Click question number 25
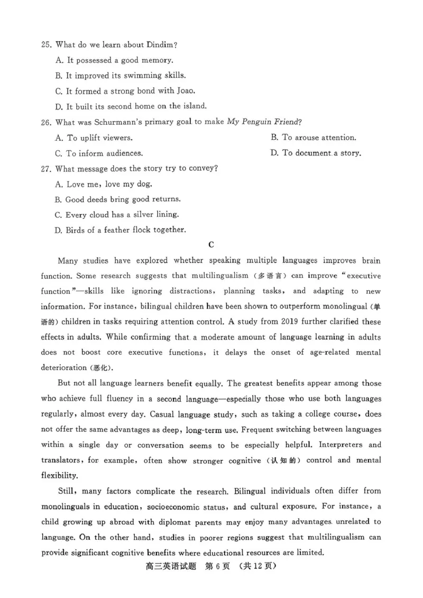coord(46,45)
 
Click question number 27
coord(46,169)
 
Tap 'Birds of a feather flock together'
coord(125,230)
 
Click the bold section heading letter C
coord(211,244)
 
